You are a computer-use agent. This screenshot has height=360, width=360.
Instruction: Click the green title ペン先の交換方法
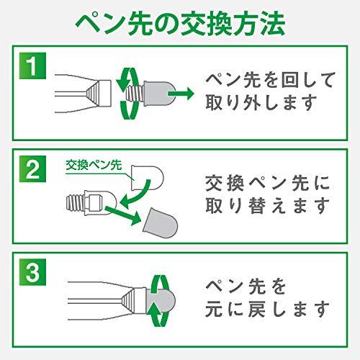(x=180, y=23)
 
